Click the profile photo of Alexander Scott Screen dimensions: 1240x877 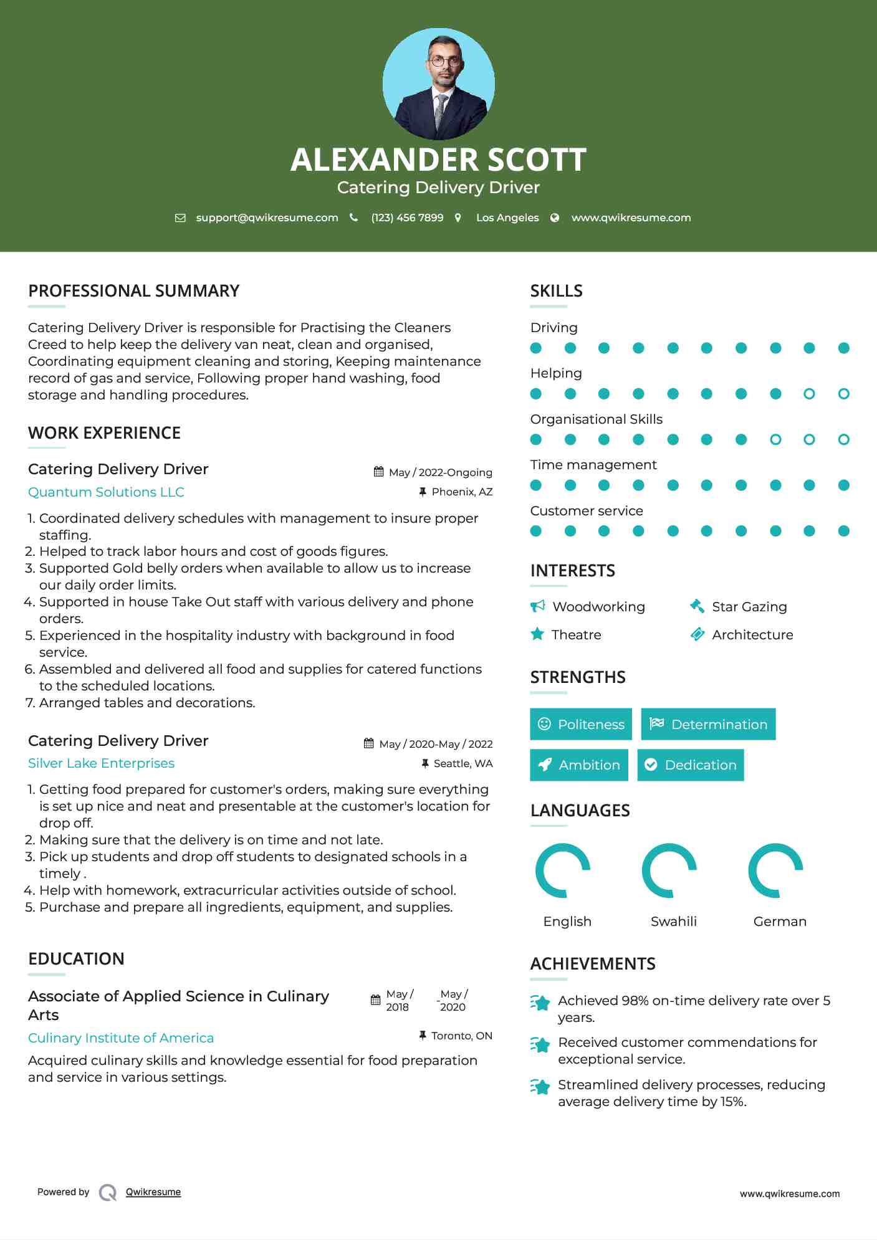(x=438, y=83)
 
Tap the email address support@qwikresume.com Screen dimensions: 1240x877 (x=267, y=217)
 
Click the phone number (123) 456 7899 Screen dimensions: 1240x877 (x=407, y=217)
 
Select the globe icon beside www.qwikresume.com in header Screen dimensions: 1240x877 (x=555, y=217)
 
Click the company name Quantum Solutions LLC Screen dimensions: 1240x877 (x=106, y=492)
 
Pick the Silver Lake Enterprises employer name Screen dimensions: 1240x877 (x=101, y=763)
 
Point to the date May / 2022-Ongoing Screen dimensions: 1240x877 (x=440, y=472)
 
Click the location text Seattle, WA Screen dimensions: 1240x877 (x=462, y=763)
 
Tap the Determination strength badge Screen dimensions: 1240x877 (x=708, y=724)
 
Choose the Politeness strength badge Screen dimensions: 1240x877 (x=580, y=724)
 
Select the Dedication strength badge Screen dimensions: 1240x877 (x=691, y=765)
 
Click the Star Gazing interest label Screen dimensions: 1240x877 (x=749, y=606)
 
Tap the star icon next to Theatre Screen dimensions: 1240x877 (x=537, y=634)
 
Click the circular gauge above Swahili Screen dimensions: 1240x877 (x=669, y=870)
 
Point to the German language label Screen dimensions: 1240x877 (x=780, y=921)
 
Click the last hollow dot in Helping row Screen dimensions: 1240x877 (x=843, y=394)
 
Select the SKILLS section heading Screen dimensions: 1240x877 (x=556, y=291)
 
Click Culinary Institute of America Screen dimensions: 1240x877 (x=121, y=1037)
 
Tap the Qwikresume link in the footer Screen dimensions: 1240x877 (x=153, y=1191)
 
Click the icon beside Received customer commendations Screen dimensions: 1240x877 (x=540, y=1044)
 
